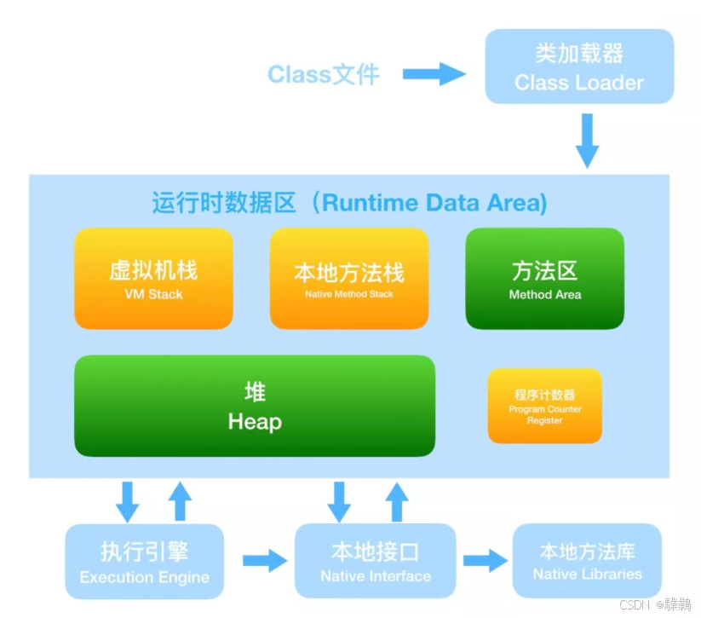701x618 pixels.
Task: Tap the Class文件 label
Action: click(324, 74)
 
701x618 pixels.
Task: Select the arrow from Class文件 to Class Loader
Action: click(434, 74)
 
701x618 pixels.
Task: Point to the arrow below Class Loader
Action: click(588, 141)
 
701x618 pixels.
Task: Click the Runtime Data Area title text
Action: click(349, 203)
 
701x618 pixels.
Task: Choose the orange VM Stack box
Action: click(153, 279)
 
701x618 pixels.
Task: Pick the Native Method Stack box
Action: click(349, 279)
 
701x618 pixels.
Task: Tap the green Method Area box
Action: click(544, 279)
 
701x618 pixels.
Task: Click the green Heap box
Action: click(255, 406)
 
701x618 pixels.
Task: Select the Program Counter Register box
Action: click(544, 406)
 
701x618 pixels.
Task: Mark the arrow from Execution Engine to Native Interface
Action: click(265, 561)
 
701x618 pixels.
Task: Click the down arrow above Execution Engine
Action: click(128, 501)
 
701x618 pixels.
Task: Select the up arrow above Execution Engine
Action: click(180, 501)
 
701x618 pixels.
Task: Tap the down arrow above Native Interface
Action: click(340, 501)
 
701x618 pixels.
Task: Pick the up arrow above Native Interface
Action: click(397, 501)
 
